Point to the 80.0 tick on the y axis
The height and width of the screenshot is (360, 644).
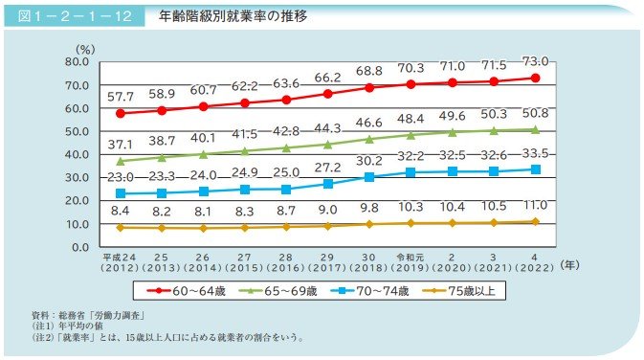(76, 62)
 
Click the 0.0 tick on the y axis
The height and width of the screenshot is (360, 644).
(79, 247)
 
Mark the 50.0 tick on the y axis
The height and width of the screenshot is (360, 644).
(76, 131)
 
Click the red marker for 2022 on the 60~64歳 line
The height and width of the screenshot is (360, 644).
(535, 78)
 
